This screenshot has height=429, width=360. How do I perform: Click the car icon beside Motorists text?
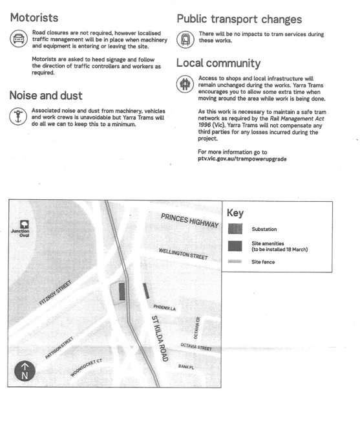19,38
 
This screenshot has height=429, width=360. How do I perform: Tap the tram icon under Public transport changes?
185,39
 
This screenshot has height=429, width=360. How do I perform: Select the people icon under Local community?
185,84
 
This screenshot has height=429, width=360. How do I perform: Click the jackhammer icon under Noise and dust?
18,116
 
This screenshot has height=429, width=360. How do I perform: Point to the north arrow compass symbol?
25,371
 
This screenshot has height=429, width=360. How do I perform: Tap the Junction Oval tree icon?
25,225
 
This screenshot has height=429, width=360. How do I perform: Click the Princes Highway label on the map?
190,221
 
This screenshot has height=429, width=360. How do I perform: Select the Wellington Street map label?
184,254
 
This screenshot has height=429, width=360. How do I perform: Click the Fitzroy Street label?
55,292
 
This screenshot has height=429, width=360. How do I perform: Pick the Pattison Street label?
59,347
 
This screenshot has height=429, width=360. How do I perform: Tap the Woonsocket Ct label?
86,368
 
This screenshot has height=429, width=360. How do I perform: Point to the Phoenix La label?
164,308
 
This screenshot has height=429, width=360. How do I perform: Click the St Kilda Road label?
160,338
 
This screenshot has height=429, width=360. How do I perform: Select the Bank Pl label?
186,367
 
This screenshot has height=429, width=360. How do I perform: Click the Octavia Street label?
196,347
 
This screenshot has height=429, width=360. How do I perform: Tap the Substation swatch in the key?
235,228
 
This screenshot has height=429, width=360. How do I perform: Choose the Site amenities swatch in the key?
235,246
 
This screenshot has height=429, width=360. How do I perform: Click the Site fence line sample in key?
235,261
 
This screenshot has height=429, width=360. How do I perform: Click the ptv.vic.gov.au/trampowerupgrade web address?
242,159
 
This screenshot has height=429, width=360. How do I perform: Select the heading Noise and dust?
46,96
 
